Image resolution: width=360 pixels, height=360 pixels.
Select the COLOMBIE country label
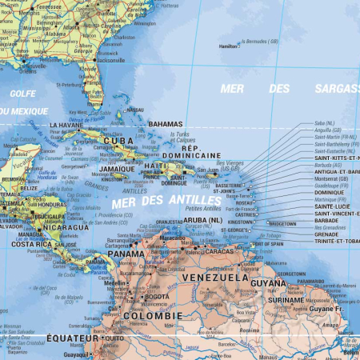point(152,315)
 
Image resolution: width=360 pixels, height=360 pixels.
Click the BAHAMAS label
point(166,125)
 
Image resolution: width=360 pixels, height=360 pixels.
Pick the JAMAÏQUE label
point(117,169)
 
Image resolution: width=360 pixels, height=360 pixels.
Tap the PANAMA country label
point(126,254)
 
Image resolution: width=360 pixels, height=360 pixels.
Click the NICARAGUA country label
point(66,227)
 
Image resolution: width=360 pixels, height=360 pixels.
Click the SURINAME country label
point(286,300)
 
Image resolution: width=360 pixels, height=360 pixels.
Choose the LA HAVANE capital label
point(66,126)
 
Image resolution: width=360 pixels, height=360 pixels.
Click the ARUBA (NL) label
point(202,219)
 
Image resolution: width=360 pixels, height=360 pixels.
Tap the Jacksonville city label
point(110,60)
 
